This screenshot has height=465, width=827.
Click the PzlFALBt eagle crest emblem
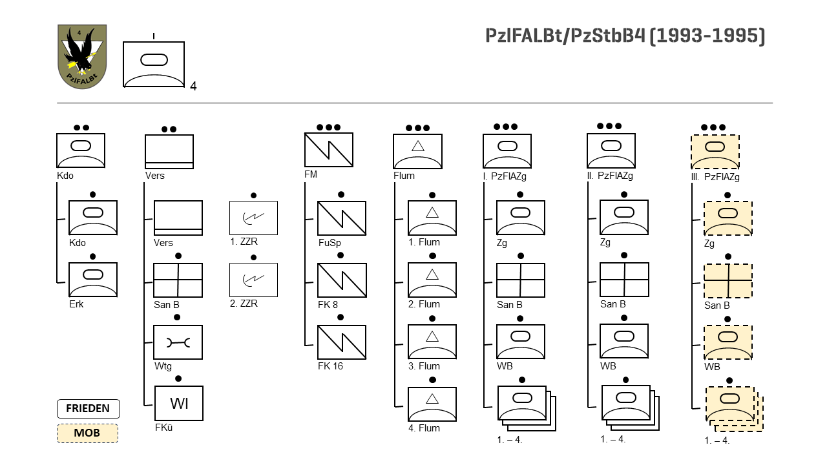click(82, 57)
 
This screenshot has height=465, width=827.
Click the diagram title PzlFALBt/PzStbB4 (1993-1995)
click(625, 36)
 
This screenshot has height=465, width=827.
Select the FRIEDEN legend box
click(88, 409)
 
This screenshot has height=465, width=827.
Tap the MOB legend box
click(87, 433)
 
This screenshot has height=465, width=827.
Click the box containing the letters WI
click(178, 404)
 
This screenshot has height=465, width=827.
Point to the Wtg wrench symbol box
click(178, 342)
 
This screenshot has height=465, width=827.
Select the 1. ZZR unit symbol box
click(253, 218)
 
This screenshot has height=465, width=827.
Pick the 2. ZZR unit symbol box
click(253, 280)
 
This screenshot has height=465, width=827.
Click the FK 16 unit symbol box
click(342, 342)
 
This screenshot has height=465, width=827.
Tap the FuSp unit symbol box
click(342, 218)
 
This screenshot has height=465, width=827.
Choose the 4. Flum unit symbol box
click(432, 404)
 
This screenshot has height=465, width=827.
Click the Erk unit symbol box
click(93, 280)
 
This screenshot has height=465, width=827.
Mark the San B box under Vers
click(178, 280)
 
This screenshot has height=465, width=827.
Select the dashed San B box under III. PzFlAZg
click(728, 281)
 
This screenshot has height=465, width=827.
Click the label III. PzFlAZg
click(715, 176)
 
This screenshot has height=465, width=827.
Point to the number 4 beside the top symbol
click(193, 87)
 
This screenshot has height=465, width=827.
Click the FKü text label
click(163, 427)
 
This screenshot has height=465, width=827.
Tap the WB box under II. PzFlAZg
click(624, 342)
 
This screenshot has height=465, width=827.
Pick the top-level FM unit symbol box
click(328, 150)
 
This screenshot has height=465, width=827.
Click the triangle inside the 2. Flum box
click(432, 274)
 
